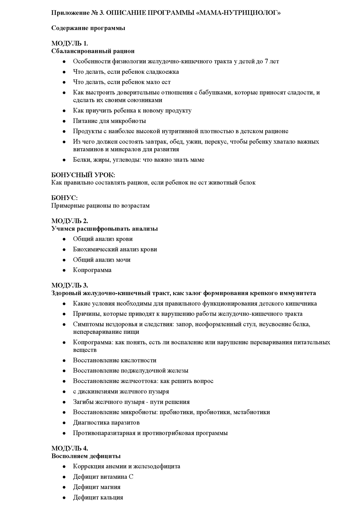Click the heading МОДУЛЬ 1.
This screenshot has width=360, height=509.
tap(70, 43)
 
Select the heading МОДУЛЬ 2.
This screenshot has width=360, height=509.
tap(70, 221)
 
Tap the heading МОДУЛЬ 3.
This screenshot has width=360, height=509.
tap(70, 285)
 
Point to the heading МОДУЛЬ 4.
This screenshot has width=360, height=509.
tap(70, 448)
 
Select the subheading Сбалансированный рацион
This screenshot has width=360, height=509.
tap(93, 51)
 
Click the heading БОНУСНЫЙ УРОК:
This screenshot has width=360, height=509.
tap(83, 175)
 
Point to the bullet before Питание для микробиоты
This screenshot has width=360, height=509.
tap(64, 121)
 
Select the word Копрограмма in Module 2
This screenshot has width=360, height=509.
tap(92, 270)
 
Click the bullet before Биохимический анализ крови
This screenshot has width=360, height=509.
tap(64, 250)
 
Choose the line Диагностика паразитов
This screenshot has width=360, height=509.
tap(106, 423)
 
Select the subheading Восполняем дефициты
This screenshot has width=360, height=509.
tap(86, 456)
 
